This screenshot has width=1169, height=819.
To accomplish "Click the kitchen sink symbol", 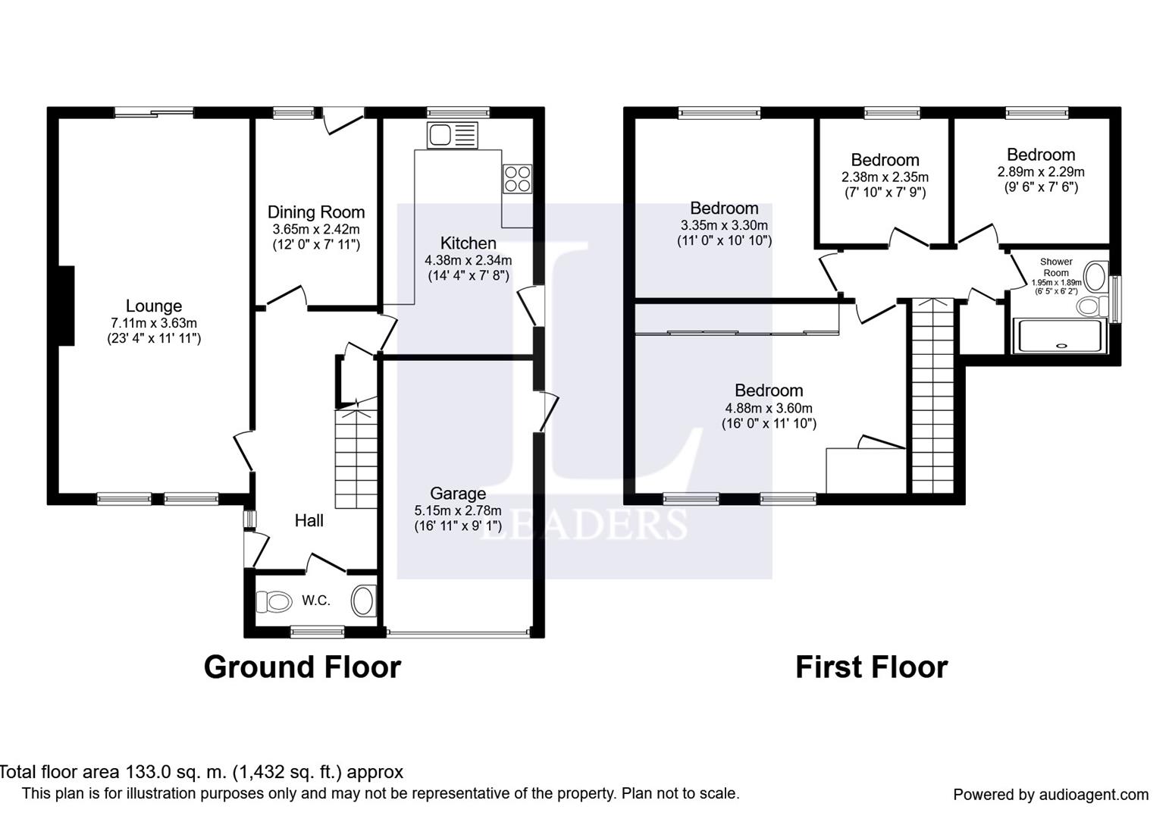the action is coord(452,135).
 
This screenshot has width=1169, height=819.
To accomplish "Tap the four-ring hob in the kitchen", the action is coord(517,178).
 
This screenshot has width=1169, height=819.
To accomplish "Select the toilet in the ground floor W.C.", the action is coord(274,602).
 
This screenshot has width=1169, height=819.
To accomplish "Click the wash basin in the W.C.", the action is coord(363,601).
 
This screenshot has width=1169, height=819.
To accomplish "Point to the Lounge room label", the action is coord(154,306).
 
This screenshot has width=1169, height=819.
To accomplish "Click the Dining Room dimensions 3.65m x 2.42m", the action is coord(315,229).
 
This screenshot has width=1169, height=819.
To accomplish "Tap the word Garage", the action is coord(458,494).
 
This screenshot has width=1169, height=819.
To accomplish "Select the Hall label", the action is coord(309,520).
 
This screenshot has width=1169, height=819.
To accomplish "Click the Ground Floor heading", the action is coord(302,667).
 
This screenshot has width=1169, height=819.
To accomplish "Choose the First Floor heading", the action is coord(872,667).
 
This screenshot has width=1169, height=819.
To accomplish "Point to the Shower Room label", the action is coord(1056,267).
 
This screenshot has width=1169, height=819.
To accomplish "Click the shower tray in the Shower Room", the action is coord(1059,337).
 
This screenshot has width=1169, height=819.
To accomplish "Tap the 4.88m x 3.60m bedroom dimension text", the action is coord(769,408).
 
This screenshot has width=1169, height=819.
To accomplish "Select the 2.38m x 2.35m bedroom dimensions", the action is coord(885,177).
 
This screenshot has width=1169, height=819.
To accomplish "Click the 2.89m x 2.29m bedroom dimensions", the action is coord(1041,171).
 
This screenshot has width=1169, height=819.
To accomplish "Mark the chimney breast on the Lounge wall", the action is coord(66,306).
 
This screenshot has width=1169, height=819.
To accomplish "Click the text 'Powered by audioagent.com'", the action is coord(1051,795).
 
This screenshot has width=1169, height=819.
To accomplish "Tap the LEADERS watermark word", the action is coord(583,524).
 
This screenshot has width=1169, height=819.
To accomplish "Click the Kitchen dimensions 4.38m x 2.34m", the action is coord(468,260).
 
